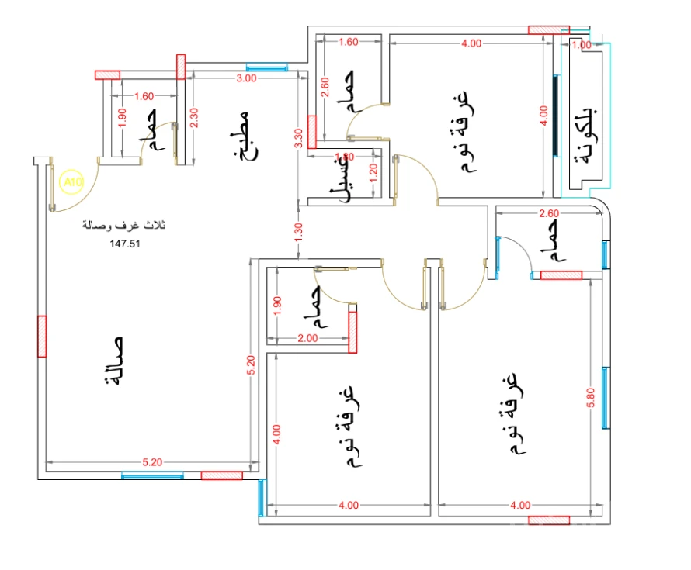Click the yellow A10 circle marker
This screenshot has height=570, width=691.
click(x=71, y=182)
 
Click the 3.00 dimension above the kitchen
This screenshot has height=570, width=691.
click(x=246, y=78)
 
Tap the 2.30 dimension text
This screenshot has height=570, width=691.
click(x=194, y=116)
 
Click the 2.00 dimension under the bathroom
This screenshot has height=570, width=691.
click(x=307, y=338)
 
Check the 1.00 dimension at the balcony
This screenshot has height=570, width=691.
click(x=580, y=45)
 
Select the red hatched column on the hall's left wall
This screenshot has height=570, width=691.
click(x=42, y=337)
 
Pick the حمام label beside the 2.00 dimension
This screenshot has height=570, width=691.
click(x=315, y=307)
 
